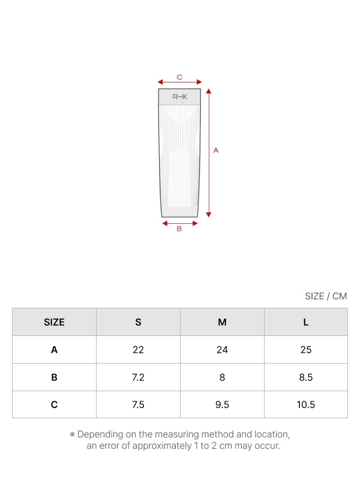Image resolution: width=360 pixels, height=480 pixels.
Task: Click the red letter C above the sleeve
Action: pos(179,77)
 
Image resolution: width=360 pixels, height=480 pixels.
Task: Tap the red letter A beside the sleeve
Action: pos(216,151)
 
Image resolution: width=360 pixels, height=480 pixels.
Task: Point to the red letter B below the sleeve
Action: pos(179,229)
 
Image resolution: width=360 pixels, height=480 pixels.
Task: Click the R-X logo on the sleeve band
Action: pos(179,97)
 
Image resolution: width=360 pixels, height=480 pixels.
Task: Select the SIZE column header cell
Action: pos(54,322)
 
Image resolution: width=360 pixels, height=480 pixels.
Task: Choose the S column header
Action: pos(139,322)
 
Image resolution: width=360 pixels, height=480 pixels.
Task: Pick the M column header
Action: pos(222,322)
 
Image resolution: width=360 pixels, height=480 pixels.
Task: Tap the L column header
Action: pos(306,322)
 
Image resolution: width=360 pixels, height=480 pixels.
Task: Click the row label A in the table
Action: pos(54,350)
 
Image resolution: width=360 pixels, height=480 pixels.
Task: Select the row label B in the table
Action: pos(54,377)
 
